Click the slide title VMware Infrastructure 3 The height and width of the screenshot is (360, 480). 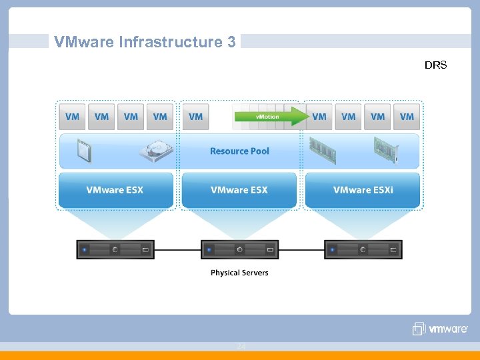coord(145,42)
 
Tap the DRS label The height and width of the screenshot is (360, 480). coord(435,65)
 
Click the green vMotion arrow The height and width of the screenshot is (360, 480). coord(271,117)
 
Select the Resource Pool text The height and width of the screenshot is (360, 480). coord(239,151)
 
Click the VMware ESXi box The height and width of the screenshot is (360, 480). coord(363,190)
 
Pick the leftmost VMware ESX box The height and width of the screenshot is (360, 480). coord(115,190)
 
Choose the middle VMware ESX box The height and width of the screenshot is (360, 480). coord(239,190)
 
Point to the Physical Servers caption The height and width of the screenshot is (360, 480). coord(239,273)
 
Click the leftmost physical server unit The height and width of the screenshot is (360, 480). coord(115,249)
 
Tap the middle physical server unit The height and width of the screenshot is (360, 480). coord(239,249)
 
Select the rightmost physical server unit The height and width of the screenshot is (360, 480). coord(363,249)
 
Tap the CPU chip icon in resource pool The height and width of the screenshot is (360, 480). coord(84,151)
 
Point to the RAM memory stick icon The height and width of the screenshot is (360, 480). coord(322,151)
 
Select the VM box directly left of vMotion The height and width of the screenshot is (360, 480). coord(195,117)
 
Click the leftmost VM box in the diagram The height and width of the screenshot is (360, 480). coord(72,117)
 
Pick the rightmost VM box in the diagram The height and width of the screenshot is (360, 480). coord(407,117)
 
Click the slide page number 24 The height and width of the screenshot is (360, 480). coord(241,347)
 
